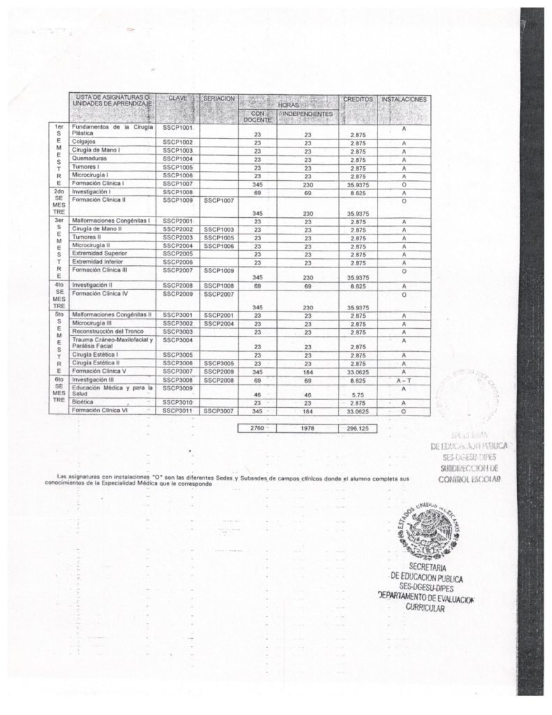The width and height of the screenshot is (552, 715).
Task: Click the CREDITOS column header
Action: tap(358, 100)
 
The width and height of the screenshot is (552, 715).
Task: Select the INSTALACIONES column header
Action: tap(403, 100)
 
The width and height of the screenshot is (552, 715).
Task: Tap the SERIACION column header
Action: tap(219, 100)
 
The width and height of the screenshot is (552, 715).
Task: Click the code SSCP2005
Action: tap(177, 253)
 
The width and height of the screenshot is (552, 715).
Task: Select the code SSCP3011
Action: tap(177, 411)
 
